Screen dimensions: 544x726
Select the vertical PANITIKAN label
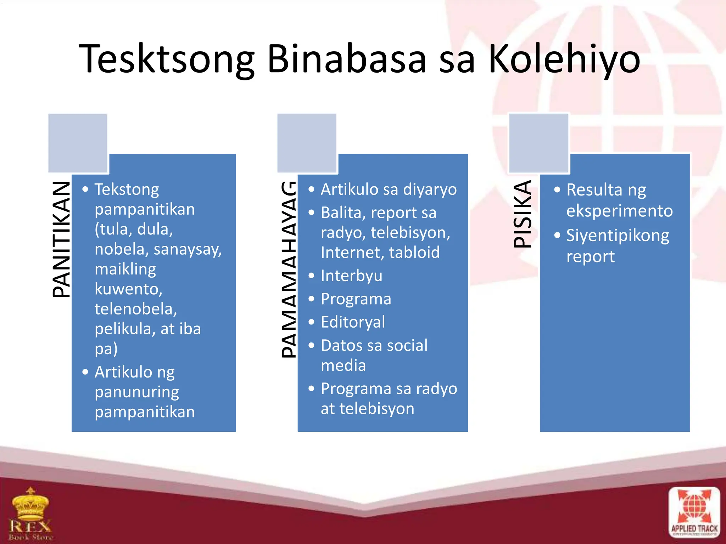(61, 239)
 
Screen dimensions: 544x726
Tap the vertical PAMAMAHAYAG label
(289, 269)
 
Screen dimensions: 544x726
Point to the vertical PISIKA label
(523, 214)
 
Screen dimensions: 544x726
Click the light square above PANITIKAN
(78, 143)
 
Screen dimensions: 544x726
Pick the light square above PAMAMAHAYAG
(307, 143)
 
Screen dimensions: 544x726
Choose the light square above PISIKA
(538, 143)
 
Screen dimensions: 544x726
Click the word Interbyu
(351, 276)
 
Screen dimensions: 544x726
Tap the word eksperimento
(619, 211)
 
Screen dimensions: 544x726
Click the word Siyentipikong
(618, 236)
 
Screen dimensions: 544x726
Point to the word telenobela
(136, 309)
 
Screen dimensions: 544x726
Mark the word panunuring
(137, 392)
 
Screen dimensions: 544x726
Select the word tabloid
(414, 253)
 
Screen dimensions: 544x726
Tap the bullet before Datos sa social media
(311, 345)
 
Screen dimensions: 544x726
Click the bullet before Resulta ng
(557, 190)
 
